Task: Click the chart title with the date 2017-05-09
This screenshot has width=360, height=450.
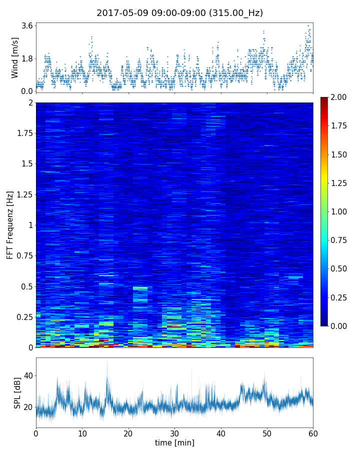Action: [179, 13]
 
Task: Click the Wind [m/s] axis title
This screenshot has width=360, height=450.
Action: [15, 57]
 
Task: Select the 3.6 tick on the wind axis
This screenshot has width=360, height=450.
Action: [27, 25]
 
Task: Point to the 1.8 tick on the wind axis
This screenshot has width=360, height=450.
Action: [27, 58]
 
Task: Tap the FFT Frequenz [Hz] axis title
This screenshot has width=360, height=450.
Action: [10, 224]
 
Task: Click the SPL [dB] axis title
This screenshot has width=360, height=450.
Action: [17, 392]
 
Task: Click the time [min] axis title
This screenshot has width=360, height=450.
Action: [174, 442]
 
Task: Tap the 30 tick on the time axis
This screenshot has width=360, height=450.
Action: [174, 433]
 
